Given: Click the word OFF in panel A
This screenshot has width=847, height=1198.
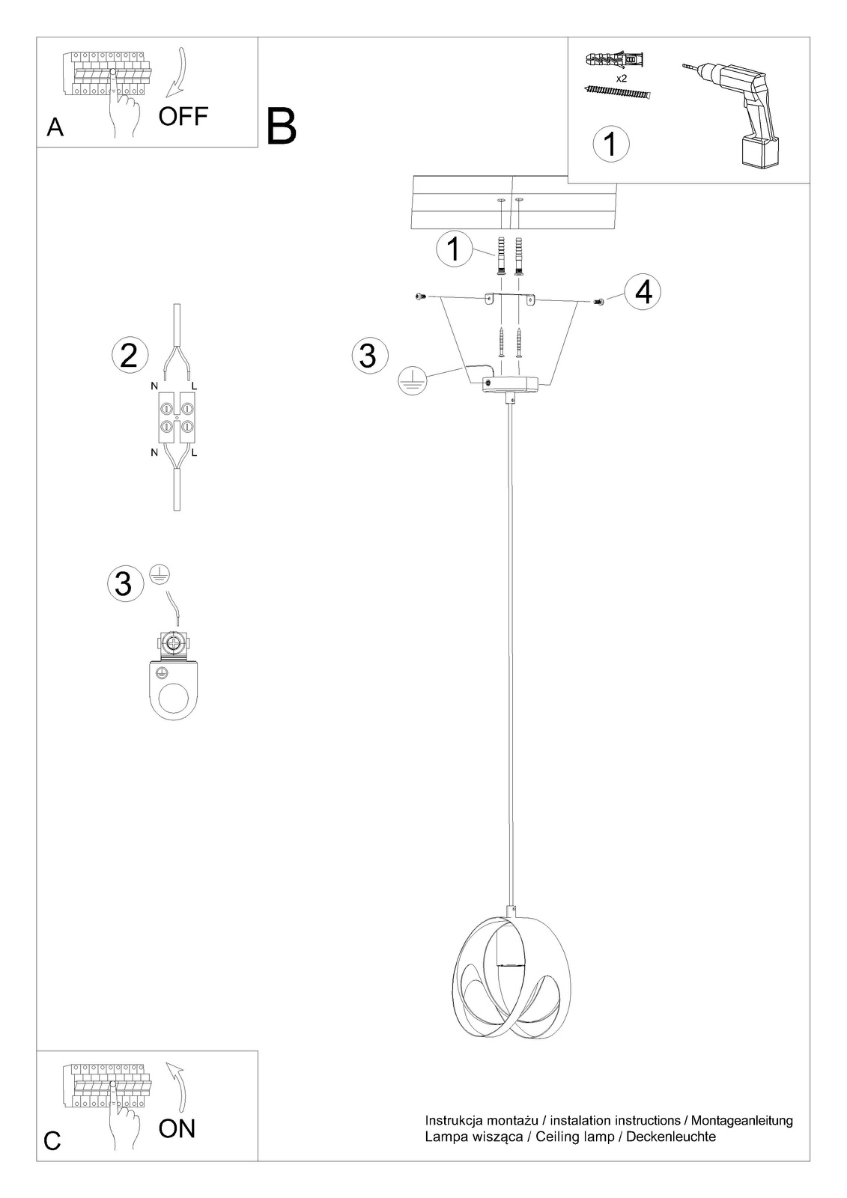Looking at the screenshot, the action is coord(183,116).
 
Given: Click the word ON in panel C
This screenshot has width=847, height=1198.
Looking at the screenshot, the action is coord(177,1128).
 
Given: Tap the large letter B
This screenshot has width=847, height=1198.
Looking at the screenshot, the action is coord(281,127).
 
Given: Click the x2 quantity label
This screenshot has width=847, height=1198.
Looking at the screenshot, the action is coord(621,79).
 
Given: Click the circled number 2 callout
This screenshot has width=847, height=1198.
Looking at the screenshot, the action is coord(129,355).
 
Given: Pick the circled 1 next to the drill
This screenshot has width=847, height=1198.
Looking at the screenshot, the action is coord(610,144).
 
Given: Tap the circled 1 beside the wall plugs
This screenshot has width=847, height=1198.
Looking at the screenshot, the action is coord(454,249).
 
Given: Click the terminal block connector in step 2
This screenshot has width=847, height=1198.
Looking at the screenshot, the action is coord(177,417).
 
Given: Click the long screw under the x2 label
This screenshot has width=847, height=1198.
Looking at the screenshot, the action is coord(617,93).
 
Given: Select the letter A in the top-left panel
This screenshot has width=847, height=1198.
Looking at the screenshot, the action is coord(55,127).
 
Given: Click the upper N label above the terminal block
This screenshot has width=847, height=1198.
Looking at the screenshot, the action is coord(154,386).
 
